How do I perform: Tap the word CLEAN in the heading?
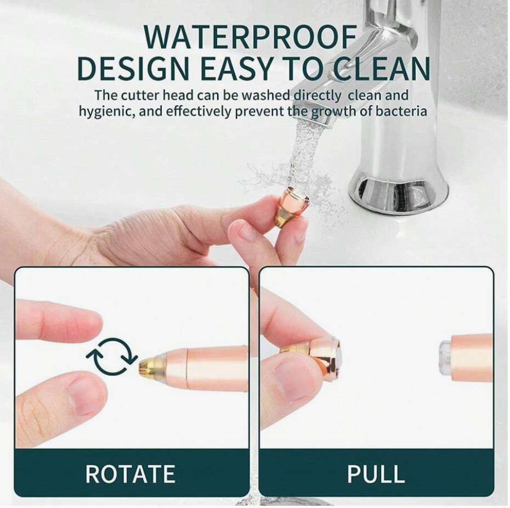pos(383,69)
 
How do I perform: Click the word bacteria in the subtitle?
pos(401,111)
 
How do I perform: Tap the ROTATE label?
pos(131,473)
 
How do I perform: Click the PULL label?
pos(376,473)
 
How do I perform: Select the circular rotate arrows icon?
pos(111,355)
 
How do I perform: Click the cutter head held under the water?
pos(291,209)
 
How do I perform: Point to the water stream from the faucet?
pos(303,153)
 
